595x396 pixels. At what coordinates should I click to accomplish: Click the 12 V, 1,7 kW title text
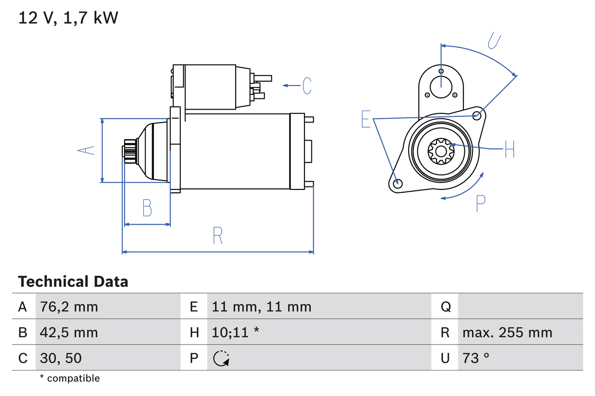point(68,18)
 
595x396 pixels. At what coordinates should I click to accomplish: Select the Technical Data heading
point(73,281)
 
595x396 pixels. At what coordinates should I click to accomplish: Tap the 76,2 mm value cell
point(70,306)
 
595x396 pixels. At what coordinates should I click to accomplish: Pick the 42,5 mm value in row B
point(70,332)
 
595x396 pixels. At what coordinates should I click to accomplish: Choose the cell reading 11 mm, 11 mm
point(261,306)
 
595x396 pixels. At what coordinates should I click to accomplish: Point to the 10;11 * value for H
point(235,332)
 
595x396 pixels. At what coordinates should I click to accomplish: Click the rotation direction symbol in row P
point(221,358)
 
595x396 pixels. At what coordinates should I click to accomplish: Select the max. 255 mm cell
point(507,332)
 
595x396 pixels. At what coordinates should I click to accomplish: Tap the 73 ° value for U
point(476,358)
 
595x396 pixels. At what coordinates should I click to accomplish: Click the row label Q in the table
point(445,306)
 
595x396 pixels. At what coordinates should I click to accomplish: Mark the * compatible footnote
point(70,378)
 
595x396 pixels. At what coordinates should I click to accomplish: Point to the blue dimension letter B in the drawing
point(147,208)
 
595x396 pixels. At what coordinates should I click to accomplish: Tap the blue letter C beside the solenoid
point(307,85)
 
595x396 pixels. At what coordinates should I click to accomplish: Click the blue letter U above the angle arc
point(494,40)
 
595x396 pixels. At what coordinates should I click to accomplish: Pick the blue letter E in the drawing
point(366,119)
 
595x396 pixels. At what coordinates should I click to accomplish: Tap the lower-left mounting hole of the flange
point(397,183)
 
